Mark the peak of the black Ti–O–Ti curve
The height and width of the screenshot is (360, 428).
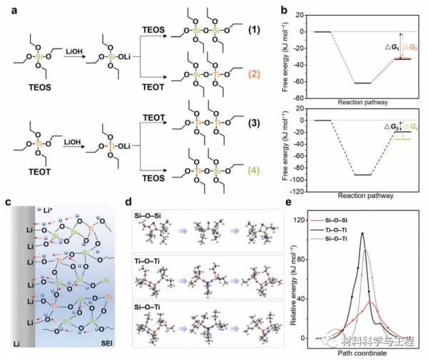362,233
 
